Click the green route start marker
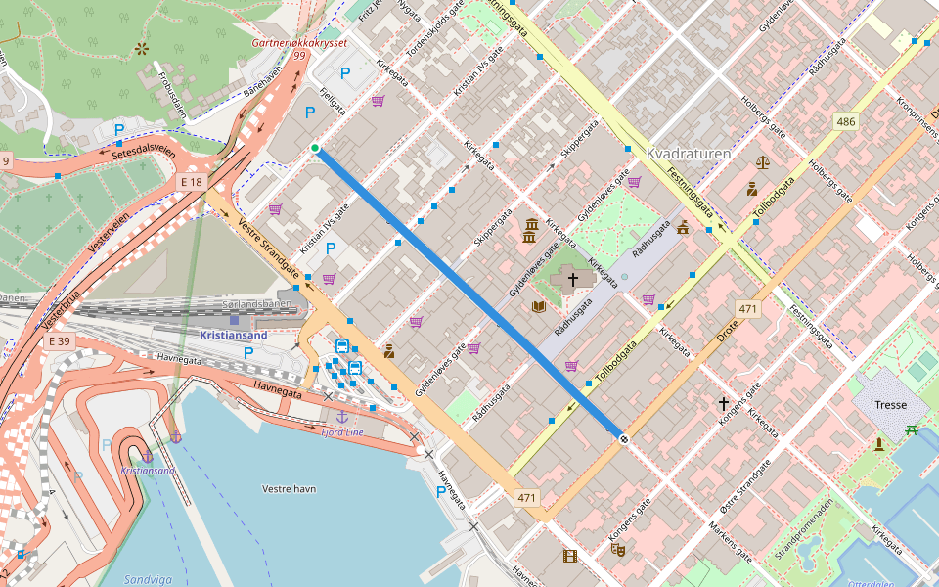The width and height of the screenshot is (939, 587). [315, 149]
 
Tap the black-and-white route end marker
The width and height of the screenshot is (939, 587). [622, 438]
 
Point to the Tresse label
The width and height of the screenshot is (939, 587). [890, 405]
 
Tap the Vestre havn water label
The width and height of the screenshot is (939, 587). [289, 487]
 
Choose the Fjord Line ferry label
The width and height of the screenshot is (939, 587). [343, 431]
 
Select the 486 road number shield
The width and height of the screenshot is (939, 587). [845, 122]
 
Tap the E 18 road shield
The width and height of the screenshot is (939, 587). [192, 181]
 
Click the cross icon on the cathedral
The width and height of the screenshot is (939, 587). [572, 280]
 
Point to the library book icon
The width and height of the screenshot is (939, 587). [538, 306]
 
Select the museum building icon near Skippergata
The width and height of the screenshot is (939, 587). [530, 231]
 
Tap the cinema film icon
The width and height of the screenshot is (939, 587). [569, 557]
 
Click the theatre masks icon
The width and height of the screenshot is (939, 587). [617, 549]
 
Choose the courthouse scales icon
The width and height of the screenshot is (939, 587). [763, 162]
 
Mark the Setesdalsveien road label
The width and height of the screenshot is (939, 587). [144, 154]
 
